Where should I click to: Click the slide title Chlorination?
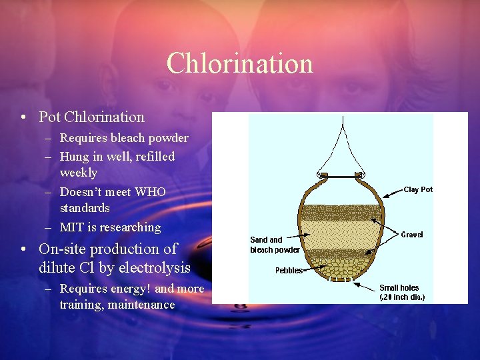click(x=239, y=63)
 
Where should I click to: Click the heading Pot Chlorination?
click(x=91, y=117)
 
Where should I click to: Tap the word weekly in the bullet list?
click(x=79, y=173)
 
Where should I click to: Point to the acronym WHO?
click(x=150, y=192)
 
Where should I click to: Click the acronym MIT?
click(x=71, y=227)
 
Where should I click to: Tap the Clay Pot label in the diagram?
click(x=418, y=189)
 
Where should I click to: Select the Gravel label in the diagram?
click(x=412, y=235)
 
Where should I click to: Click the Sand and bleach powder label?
click(x=273, y=245)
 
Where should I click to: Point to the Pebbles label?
click(x=289, y=271)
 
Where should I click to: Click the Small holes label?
click(x=399, y=288)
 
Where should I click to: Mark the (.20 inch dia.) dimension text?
click(x=402, y=297)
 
